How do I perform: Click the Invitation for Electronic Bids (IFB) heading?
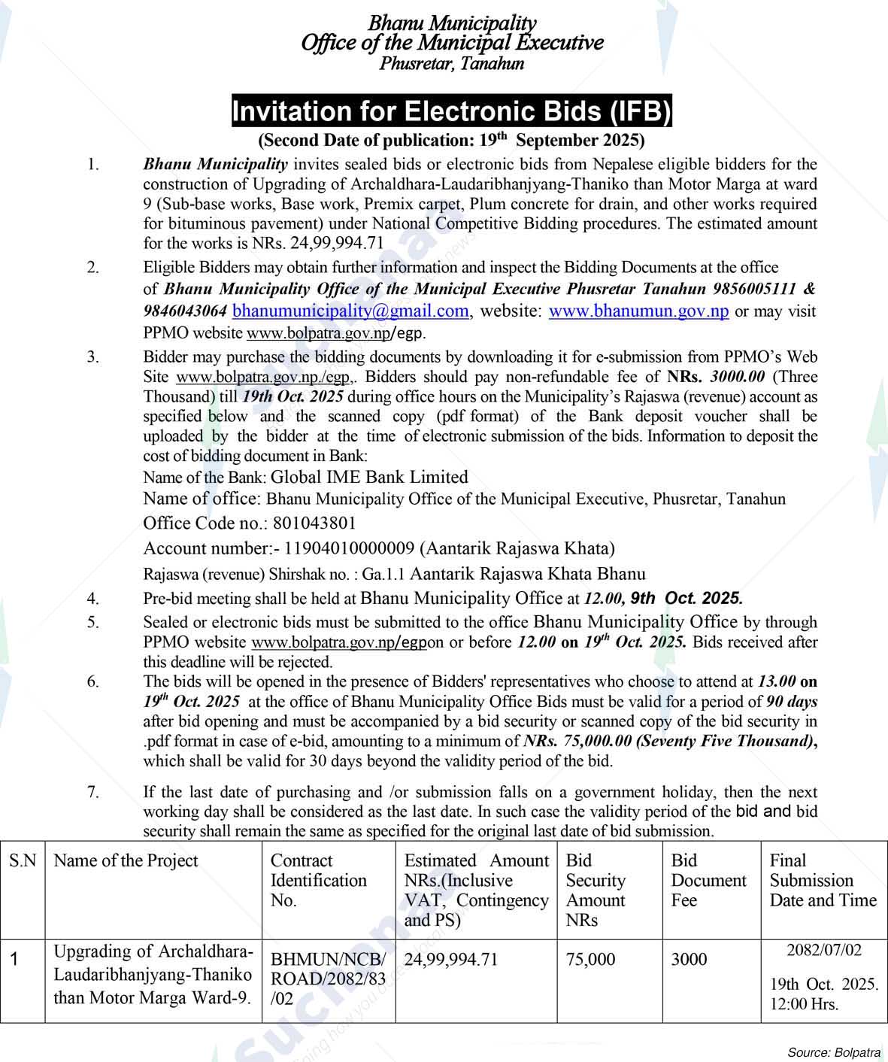[x=451, y=111]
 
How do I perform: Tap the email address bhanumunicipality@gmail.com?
[x=350, y=311]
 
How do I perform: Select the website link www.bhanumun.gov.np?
[x=638, y=311]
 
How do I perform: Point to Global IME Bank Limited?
[x=369, y=477]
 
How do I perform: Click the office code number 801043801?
[x=315, y=523]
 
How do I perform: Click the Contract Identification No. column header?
[x=318, y=880]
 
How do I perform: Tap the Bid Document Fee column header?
[x=708, y=880]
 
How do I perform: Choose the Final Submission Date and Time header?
[x=823, y=880]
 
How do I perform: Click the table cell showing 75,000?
[x=590, y=960]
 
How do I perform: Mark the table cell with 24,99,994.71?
[x=451, y=960]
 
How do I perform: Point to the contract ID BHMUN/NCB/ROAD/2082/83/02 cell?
[x=328, y=979]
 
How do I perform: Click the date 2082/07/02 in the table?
[x=823, y=950]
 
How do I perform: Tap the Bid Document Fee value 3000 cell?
[x=689, y=960]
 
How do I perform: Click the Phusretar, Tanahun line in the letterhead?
[x=451, y=64]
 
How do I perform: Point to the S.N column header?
[x=23, y=861]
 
